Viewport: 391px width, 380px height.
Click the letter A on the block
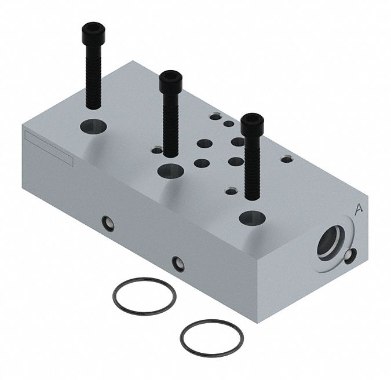pos(359,209)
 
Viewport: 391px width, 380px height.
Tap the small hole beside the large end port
pos(350,256)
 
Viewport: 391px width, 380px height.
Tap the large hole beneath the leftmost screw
pos(93,126)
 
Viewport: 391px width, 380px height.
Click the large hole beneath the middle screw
pos(171,171)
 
